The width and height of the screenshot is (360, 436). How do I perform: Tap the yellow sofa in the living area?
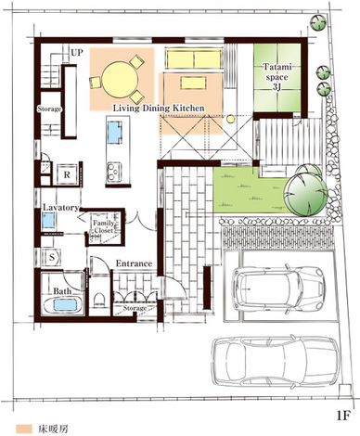[194, 58]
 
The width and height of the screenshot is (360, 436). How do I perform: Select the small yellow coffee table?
[193, 83]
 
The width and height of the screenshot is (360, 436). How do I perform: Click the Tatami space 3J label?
[276, 77]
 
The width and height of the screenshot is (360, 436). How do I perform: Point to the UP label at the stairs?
[77, 53]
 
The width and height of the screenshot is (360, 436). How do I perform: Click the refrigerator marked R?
[67, 174]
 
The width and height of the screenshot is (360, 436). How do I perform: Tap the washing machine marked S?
[52, 257]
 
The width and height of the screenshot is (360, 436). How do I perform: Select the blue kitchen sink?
[114, 132]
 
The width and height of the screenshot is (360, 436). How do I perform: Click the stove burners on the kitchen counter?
[114, 172]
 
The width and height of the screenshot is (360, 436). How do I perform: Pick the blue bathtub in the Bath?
[65, 305]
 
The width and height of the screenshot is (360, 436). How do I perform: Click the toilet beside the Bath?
[99, 300]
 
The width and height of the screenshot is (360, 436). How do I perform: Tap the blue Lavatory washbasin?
[49, 221]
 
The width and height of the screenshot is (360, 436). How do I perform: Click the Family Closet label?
[104, 226]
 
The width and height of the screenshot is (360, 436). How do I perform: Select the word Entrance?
[134, 263]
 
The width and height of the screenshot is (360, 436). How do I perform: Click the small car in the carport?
[278, 289]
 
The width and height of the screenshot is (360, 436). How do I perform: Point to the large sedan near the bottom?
[276, 362]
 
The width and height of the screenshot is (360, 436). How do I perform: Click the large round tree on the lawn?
[305, 195]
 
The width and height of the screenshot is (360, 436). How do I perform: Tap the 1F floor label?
[343, 416]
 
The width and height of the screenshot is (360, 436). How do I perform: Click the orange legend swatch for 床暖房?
[24, 429]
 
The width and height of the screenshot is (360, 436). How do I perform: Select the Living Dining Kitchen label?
[159, 109]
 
